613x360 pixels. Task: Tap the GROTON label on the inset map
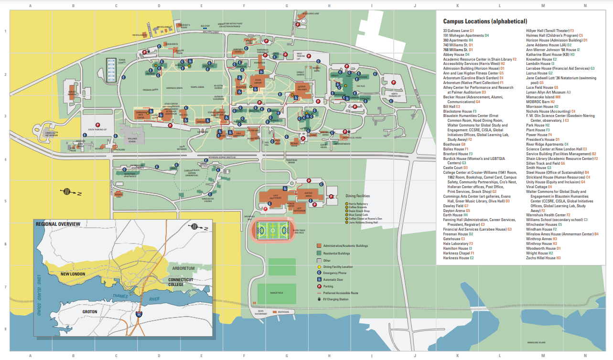(x=89, y=312)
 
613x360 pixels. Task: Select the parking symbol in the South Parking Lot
(x=97, y=125)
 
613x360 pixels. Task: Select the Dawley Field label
(x=277, y=293)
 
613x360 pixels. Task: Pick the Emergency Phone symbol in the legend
(x=319, y=273)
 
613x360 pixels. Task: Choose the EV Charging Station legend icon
(x=319, y=299)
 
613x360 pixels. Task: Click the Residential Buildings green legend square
(x=319, y=254)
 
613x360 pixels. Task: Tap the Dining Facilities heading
(x=357, y=196)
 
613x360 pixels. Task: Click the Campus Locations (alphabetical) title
(x=485, y=21)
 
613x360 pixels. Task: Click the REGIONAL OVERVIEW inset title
(x=58, y=224)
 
